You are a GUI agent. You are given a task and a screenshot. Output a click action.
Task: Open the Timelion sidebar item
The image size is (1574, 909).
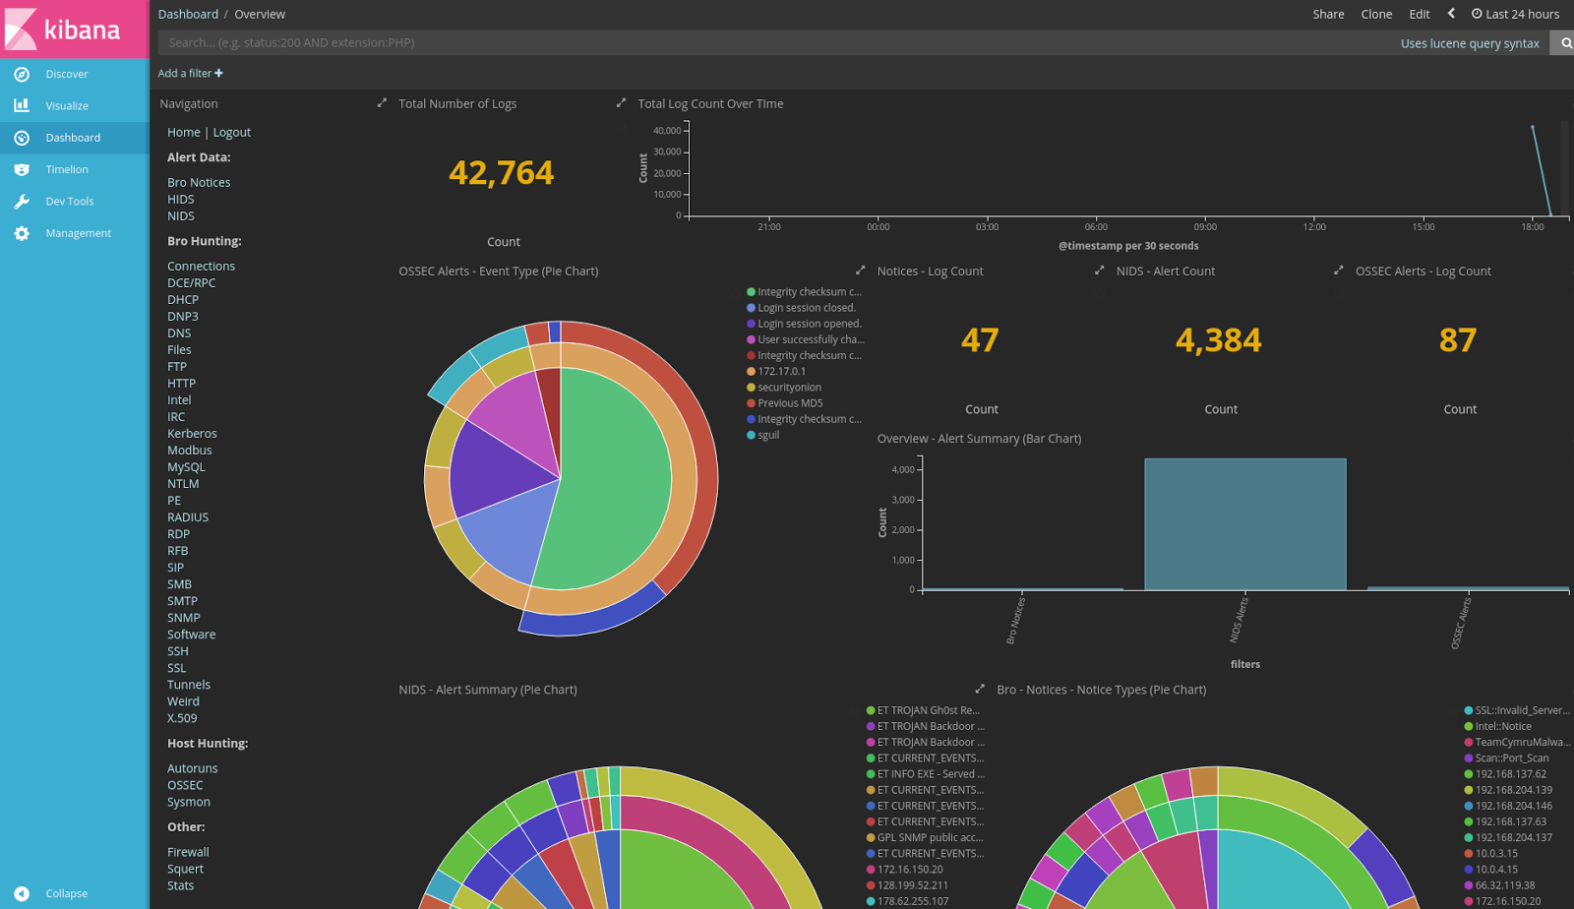tap(66, 169)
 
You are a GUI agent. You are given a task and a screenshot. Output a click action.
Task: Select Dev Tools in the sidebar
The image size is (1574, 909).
tap(69, 202)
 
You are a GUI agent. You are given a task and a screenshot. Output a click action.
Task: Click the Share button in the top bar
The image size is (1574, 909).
tap(1328, 14)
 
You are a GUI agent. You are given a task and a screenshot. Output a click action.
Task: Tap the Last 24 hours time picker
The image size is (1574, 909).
tap(1515, 14)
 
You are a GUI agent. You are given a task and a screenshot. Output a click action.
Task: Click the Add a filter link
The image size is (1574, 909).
tap(190, 74)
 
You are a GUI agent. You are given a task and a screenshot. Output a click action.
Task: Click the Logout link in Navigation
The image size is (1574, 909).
tap(232, 133)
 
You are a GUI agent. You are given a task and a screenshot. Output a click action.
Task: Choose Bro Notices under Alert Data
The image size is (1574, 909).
tap(199, 183)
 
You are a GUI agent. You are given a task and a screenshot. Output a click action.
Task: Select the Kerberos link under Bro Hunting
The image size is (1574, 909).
tap(192, 434)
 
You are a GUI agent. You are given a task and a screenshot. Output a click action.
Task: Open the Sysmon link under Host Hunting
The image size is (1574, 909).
tap(188, 803)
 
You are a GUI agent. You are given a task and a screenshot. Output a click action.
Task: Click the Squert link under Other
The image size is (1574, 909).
tap(185, 870)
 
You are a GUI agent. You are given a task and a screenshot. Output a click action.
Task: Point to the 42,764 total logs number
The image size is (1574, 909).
tap(501, 173)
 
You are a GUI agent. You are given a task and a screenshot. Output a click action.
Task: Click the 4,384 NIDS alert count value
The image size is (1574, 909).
tap(1218, 340)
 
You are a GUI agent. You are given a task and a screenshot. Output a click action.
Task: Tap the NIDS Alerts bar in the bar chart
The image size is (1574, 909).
tap(1244, 524)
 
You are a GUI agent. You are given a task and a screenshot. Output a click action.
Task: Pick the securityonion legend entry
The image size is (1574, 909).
tap(789, 388)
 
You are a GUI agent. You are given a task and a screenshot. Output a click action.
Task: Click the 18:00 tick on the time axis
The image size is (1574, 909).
tap(1532, 227)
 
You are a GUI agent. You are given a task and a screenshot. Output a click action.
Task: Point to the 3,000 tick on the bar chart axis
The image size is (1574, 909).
tap(903, 500)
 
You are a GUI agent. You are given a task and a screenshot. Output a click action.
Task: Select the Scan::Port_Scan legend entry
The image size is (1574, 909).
tap(1511, 758)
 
